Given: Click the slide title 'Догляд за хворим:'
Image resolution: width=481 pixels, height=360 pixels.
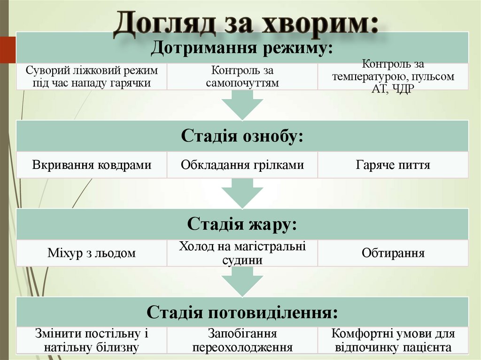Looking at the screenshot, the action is pos(246,23).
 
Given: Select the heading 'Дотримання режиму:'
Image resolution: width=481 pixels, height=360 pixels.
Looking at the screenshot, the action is pos(242,48).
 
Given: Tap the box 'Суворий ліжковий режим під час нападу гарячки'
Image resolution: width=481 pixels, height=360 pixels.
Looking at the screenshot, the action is pos(92,77).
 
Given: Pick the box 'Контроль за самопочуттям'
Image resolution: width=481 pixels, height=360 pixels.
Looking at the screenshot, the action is pos(242,77).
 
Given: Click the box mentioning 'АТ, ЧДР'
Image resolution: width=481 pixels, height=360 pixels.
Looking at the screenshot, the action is pos(393,77).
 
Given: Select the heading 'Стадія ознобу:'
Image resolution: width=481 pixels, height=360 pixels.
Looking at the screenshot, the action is pos(242,136).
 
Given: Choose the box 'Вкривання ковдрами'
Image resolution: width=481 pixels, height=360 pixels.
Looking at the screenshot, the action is pos(92,165).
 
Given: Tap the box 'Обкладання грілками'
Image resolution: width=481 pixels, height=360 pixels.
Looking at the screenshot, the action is pos(242,165).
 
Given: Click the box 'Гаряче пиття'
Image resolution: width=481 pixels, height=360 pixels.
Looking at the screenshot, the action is pos(393,165).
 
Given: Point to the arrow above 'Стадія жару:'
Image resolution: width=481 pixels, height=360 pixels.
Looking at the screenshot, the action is pos(242,193).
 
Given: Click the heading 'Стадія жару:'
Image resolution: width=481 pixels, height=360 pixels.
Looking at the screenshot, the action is pos(242,224).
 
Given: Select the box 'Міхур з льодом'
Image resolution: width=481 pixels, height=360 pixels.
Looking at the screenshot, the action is pos(92,253).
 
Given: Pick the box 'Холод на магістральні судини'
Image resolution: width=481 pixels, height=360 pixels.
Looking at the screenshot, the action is pos(242,253).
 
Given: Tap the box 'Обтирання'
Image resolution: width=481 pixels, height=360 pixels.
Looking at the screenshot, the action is pos(393,253).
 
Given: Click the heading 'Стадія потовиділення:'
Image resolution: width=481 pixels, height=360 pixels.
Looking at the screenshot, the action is pos(242,312).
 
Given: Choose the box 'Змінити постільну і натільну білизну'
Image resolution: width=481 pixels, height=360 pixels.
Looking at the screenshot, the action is pos(92,341).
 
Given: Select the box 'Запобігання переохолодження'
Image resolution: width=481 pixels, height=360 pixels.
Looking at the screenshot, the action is pos(242,341).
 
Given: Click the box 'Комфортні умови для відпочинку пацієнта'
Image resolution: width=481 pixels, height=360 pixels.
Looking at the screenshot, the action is pos(393,341).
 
